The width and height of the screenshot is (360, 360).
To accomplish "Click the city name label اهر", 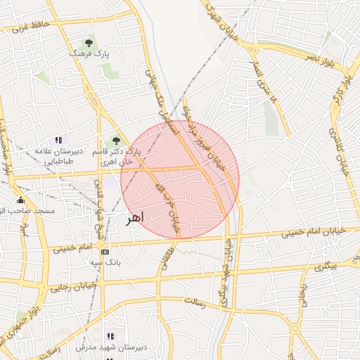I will point(133,219).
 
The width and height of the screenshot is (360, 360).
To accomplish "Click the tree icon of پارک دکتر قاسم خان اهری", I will point(116,141).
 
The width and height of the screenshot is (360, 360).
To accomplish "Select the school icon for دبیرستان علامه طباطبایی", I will point(58,140).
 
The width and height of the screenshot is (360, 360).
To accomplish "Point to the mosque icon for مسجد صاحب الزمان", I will point(20,200).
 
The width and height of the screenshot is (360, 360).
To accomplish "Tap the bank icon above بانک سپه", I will point(105,252).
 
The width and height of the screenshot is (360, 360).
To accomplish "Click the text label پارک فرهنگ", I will point(89,53).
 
